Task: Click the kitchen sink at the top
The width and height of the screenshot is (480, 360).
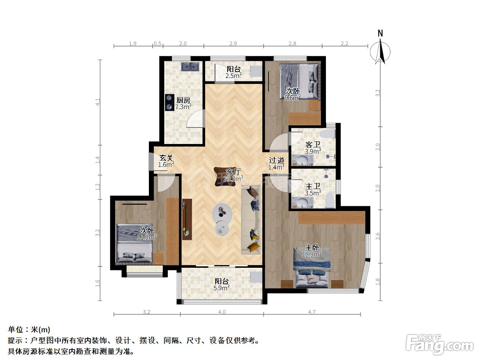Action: (x=190, y=67)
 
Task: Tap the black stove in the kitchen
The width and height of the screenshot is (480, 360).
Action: (x=169, y=102)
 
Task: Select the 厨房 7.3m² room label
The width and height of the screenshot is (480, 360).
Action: (x=183, y=103)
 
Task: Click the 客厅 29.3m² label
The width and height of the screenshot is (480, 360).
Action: (x=233, y=175)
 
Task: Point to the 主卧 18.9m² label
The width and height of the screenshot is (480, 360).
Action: (x=312, y=251)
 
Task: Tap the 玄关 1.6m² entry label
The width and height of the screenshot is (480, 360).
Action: (x=166, y=161)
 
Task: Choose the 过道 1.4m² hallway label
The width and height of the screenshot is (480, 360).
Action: (x=276, y=164)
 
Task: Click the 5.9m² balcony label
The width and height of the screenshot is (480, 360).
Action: (x=222, y=284)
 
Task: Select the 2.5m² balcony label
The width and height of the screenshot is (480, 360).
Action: (x=234, y=72)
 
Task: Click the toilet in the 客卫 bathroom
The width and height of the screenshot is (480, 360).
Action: (x=327, y=134)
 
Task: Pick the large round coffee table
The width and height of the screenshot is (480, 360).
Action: (x=222, y=212)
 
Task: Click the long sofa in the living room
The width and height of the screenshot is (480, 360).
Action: (x=251, y=220)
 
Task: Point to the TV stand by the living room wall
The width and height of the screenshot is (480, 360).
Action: (x=187, y=219)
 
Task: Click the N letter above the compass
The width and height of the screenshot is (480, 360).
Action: (x=380, y=33)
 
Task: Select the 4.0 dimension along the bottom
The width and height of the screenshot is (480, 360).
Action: (x=222, y=312)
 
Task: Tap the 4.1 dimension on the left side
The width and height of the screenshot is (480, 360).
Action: (x=98, y=102)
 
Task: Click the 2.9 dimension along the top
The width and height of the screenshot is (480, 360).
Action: (x=233, y=43)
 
